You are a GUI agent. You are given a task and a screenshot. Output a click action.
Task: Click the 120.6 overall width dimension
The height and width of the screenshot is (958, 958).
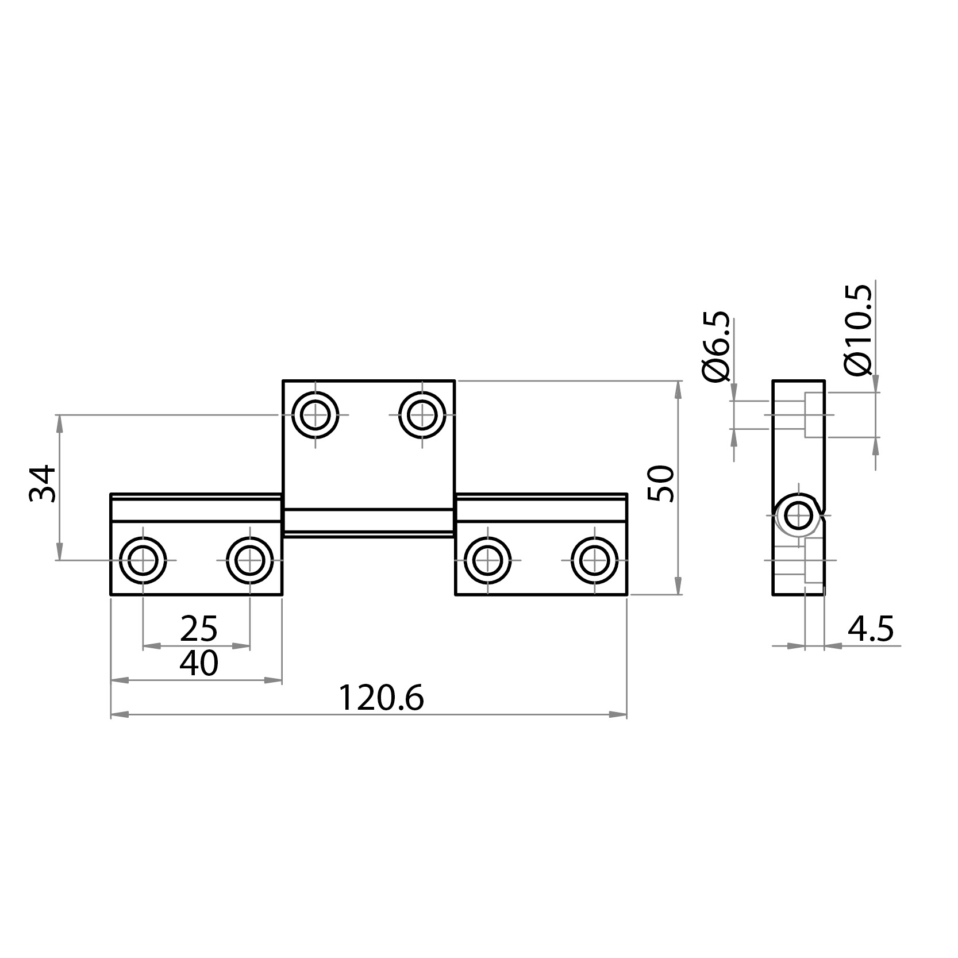coord(380,698)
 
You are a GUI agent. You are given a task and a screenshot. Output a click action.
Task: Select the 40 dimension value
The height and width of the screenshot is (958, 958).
coord(199,664)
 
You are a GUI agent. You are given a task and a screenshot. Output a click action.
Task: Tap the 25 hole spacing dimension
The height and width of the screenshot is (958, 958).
coord(199,629)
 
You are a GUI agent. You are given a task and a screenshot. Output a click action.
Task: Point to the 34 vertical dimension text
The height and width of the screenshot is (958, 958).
coord(44,484)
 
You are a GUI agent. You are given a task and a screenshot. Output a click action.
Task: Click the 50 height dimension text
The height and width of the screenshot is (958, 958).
coord(661,484)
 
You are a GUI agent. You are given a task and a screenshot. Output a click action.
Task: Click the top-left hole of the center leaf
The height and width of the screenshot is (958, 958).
coord(315,415)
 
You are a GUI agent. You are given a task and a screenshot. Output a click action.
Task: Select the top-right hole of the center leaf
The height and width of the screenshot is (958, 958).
coord(422,415)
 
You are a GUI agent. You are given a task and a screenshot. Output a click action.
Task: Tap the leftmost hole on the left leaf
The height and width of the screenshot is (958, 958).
coord(143,560)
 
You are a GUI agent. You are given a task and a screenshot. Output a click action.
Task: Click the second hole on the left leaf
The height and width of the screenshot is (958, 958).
coord(250,560)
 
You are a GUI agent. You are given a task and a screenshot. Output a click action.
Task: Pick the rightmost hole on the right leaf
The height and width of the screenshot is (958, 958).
coord(595,560)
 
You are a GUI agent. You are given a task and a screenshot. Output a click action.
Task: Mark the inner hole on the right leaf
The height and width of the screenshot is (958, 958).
coord(488,560)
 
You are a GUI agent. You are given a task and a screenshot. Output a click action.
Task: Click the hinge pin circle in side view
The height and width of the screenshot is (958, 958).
coord(798,515)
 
